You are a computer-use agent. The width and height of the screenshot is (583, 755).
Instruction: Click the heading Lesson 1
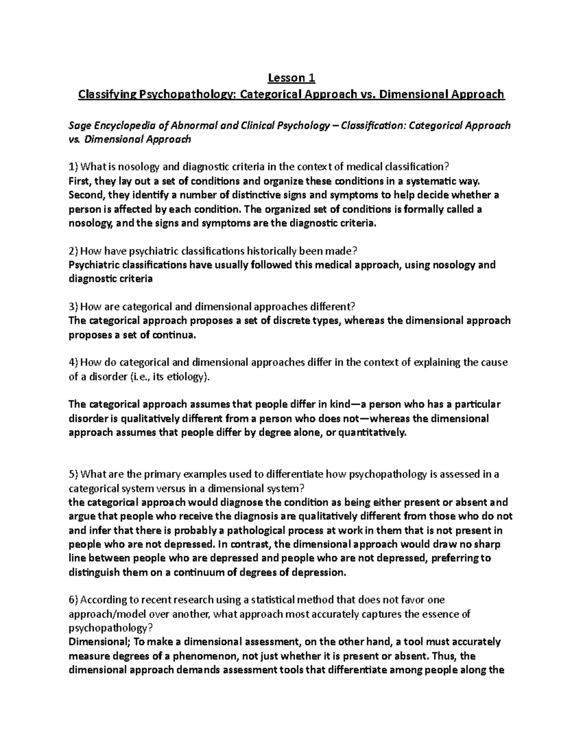pos(291,78)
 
